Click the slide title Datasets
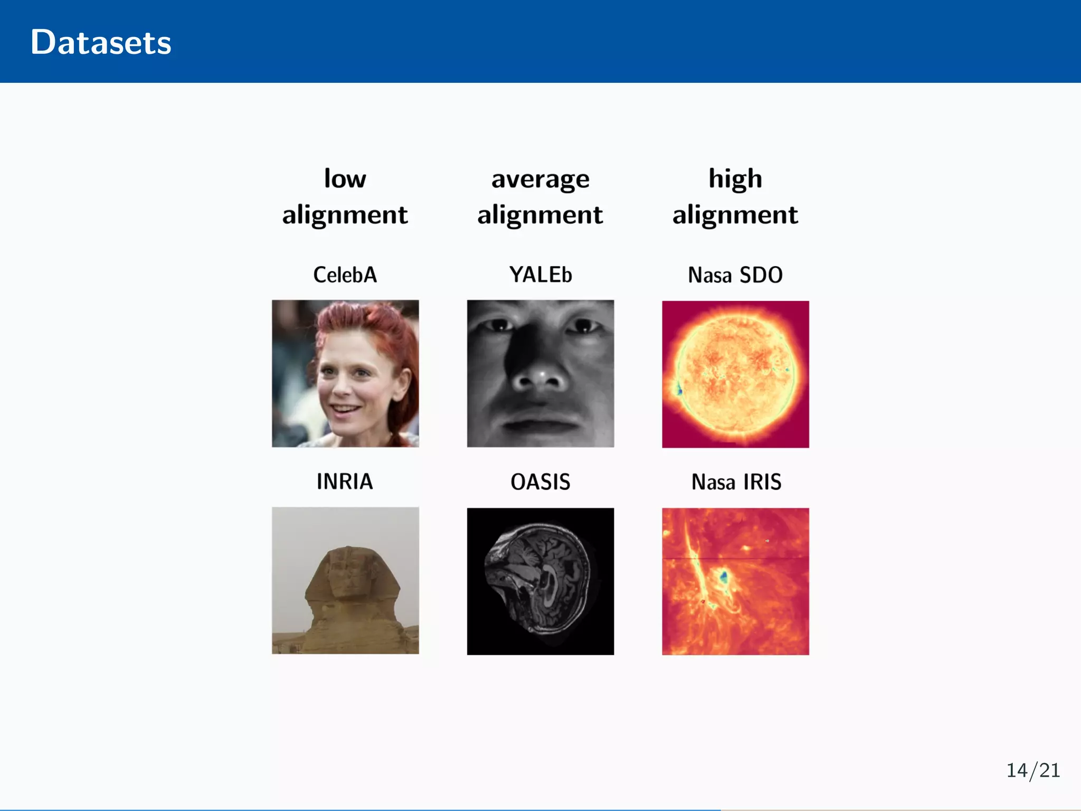(x=101, y=42)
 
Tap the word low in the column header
(x=345, y=178)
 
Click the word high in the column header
(x=735, y=178)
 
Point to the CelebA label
(x=345, y=275)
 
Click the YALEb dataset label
(x=540, y=275)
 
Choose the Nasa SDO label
(x=735, y=275)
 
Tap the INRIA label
(x=345, y=482)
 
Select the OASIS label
(x=540, y=482)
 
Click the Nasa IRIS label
(x=736, y=482)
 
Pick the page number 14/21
(x=1033, y=770)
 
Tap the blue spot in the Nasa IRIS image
(x=724, y=576)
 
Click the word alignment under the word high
(x=735, y=215)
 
